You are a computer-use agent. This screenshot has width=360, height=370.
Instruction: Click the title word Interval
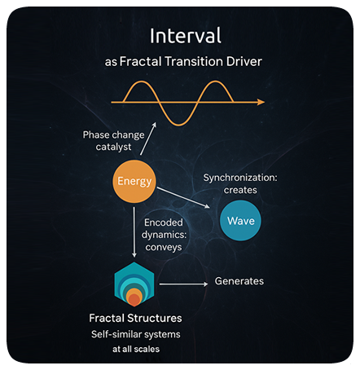pos(186,36)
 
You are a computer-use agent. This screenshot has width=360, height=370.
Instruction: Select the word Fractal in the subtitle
pos(141,61)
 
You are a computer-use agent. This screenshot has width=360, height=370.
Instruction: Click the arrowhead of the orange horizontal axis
pos(261,102)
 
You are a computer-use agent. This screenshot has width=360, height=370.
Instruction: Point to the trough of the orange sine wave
pos(178,125)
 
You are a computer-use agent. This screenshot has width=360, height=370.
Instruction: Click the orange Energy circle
pos(134,181)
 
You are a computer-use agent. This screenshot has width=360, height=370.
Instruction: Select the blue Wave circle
pos(240,221)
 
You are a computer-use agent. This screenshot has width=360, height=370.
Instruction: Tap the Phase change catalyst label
pos(114,141)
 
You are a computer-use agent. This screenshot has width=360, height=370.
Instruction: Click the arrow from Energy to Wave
pos(183,197)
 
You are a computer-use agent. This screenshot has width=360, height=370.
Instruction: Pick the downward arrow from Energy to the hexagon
pos(134,232)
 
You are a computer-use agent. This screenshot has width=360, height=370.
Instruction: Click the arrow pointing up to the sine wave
pos(148,139)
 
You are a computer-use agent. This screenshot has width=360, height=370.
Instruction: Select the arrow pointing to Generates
pos(183,284)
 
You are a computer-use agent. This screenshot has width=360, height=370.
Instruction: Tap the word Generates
pos(239,281)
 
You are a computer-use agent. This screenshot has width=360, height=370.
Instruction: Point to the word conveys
pos(164,248)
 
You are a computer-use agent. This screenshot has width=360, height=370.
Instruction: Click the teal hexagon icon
pos(134,284)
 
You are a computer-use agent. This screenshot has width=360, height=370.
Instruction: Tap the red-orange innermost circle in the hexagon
pos(134,301)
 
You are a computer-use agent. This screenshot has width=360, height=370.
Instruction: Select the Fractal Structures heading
pos(135,318)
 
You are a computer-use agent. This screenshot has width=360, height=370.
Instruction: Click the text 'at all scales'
pos(136,349)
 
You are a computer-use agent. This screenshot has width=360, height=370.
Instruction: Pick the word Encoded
pos(164,222)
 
